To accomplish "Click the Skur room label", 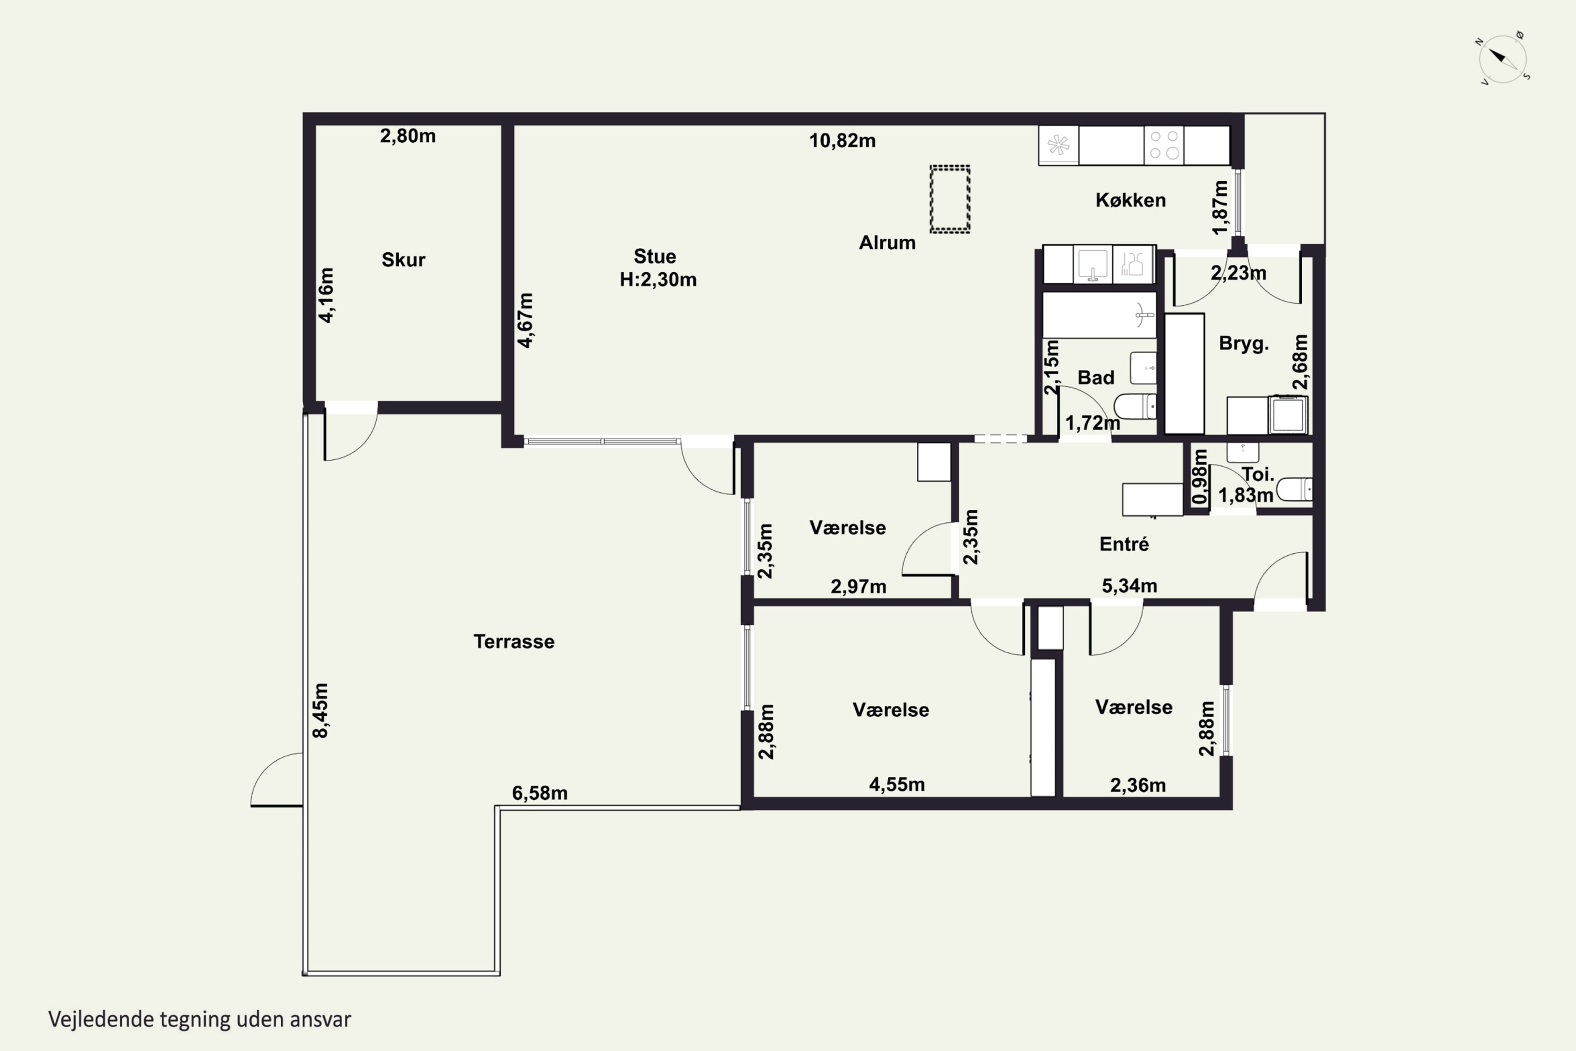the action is (x=403, y=260).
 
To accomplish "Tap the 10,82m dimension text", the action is (x=842, y=141).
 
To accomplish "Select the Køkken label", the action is (x=1131, y=200).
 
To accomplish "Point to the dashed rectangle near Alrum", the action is (x=949, y=199).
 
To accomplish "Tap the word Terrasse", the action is (x=514, y=642).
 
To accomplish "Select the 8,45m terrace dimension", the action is (x=321, y=710).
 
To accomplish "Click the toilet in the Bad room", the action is (x=1135, y=406).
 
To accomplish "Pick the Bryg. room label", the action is (x=1243, y=343).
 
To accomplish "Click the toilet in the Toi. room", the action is (x=1294, y=489).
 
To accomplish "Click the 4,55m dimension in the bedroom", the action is (x=897, y=784).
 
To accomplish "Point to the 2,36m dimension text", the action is (x=1138, y=785).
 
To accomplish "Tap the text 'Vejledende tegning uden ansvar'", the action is (x=200, y=1019).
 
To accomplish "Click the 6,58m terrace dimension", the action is (x=540, y=793).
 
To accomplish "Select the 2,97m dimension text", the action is (x=858, y=586).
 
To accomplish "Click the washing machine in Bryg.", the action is (x=1288, y=415).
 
